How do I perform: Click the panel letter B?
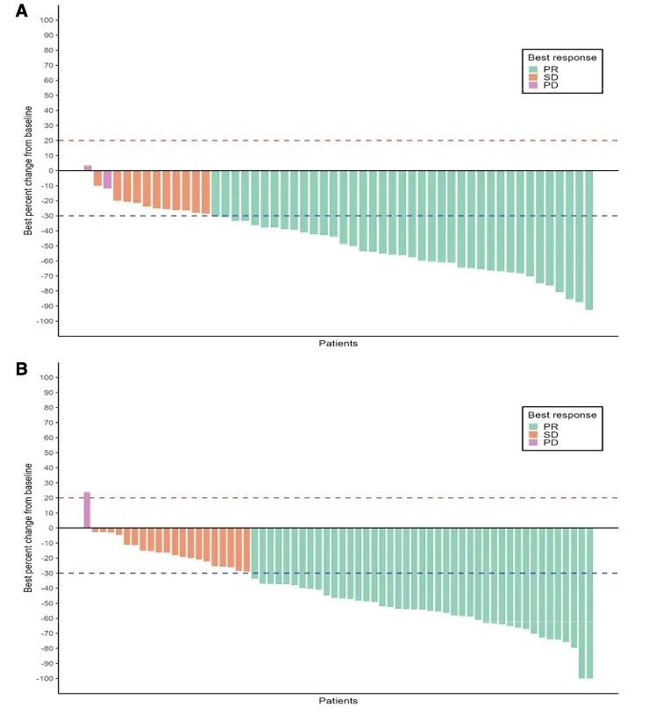(22, 368)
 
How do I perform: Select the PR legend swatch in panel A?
(533, 68)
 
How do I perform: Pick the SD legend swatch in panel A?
(533, 77)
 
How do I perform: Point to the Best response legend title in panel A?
(561, 58)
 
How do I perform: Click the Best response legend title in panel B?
(561, 415)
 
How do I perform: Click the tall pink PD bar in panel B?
(87, 511)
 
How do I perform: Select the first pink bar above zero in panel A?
(88, 168)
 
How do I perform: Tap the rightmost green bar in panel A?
(589, 239)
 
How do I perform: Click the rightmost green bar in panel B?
(589, 603)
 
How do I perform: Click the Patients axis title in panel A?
(338, 343)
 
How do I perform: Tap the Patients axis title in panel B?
(338, 701)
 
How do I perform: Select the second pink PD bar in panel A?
(107, 179)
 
